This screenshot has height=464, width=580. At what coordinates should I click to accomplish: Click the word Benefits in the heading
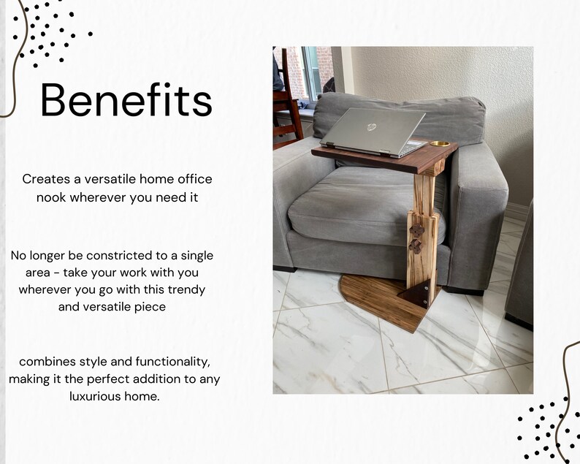click(126, 101)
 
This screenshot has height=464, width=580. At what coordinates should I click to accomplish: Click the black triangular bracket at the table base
click(416, 296)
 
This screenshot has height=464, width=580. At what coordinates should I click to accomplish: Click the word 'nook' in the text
click(52, 197)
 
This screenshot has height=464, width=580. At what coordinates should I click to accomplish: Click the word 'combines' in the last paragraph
click(45, 362)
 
